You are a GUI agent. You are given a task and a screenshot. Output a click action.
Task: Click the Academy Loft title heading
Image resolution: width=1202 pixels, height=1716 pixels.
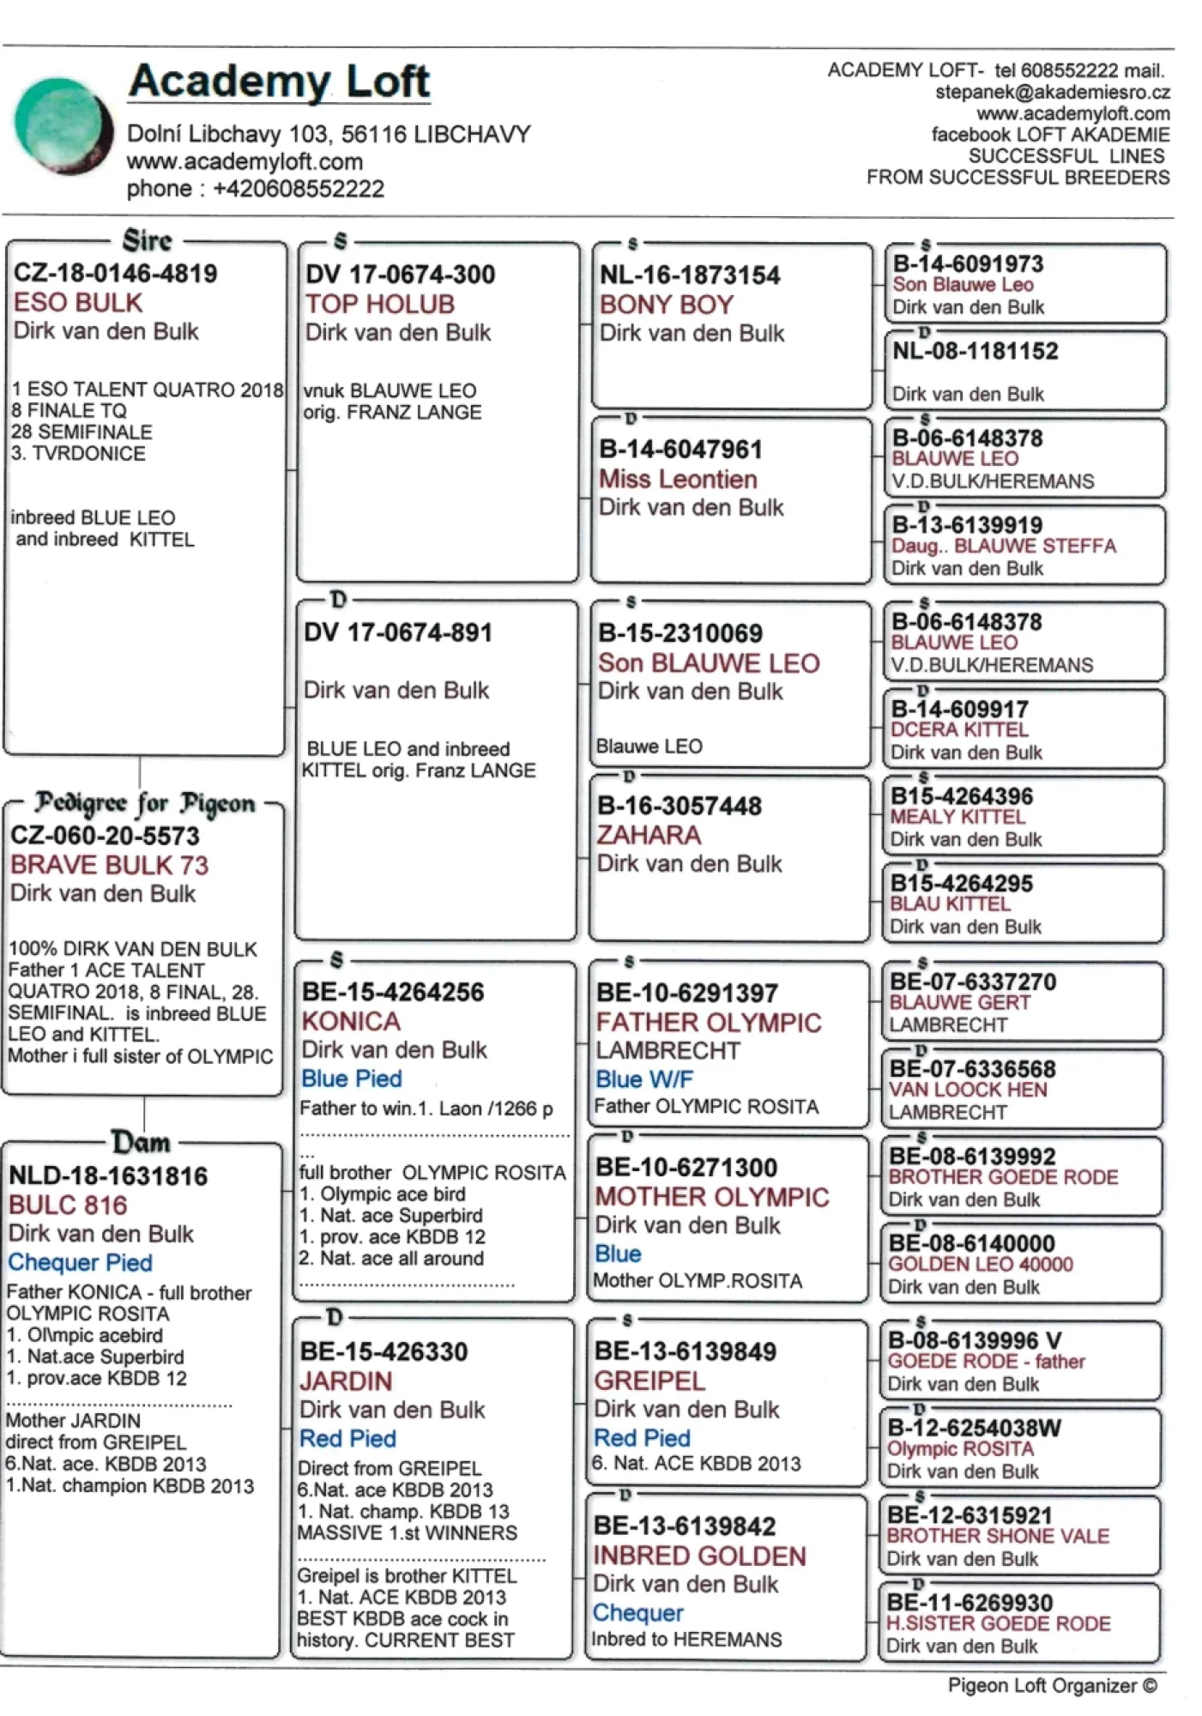[279, 82]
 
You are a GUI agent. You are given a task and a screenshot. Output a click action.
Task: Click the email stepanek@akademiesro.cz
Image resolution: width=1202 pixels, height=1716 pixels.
[1052, 93]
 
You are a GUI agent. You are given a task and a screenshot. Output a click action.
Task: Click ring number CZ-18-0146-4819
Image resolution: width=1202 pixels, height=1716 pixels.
[115, 274]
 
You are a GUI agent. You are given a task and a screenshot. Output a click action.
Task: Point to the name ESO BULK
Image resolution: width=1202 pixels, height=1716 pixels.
[78, 303]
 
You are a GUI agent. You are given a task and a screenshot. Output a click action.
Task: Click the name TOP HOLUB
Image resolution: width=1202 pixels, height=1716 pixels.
[380, 305]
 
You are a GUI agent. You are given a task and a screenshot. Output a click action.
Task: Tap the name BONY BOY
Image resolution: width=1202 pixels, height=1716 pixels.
[667, 305]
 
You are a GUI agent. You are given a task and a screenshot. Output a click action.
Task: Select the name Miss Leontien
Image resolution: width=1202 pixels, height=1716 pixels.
[678, 480]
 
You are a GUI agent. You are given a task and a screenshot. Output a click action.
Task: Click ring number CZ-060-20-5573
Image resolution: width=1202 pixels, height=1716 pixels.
[105, 836]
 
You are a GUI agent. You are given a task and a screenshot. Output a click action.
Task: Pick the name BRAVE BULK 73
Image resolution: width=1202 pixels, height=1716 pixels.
[109, 865]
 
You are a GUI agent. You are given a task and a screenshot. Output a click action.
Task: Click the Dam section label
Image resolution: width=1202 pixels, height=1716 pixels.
[141, 1143]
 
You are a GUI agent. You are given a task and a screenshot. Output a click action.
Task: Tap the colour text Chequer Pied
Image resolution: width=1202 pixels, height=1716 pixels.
[80, 1263]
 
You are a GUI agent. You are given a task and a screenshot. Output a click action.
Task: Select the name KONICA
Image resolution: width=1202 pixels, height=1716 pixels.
[351, 1022]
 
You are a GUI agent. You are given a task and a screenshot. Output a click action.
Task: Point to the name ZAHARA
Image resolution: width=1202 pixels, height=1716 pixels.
[649, 836]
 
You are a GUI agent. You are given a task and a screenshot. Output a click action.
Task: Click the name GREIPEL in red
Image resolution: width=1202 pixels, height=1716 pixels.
[649, 1381]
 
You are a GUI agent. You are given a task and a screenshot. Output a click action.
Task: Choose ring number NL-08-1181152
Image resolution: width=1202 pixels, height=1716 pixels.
[975, 352]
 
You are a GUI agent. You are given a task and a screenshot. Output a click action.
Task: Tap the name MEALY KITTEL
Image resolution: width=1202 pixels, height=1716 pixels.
[957, 817]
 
